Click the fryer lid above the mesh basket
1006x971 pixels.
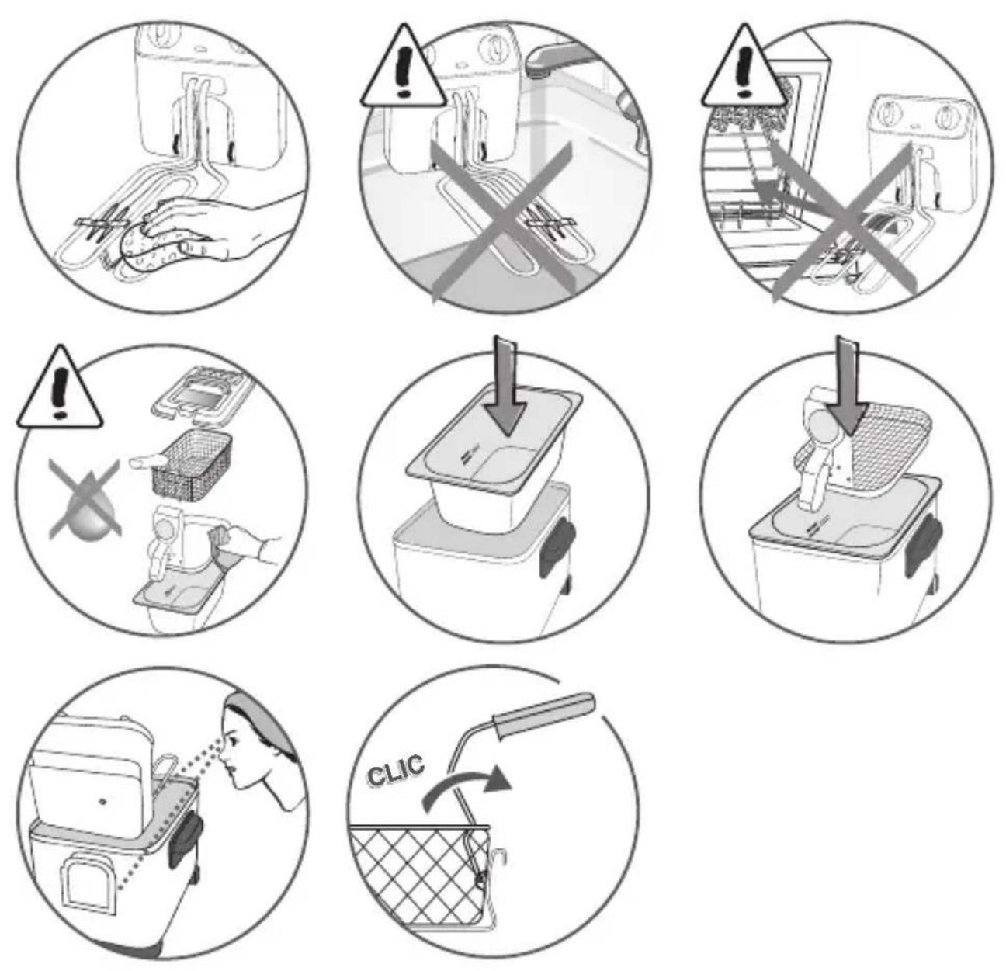(202, 390)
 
